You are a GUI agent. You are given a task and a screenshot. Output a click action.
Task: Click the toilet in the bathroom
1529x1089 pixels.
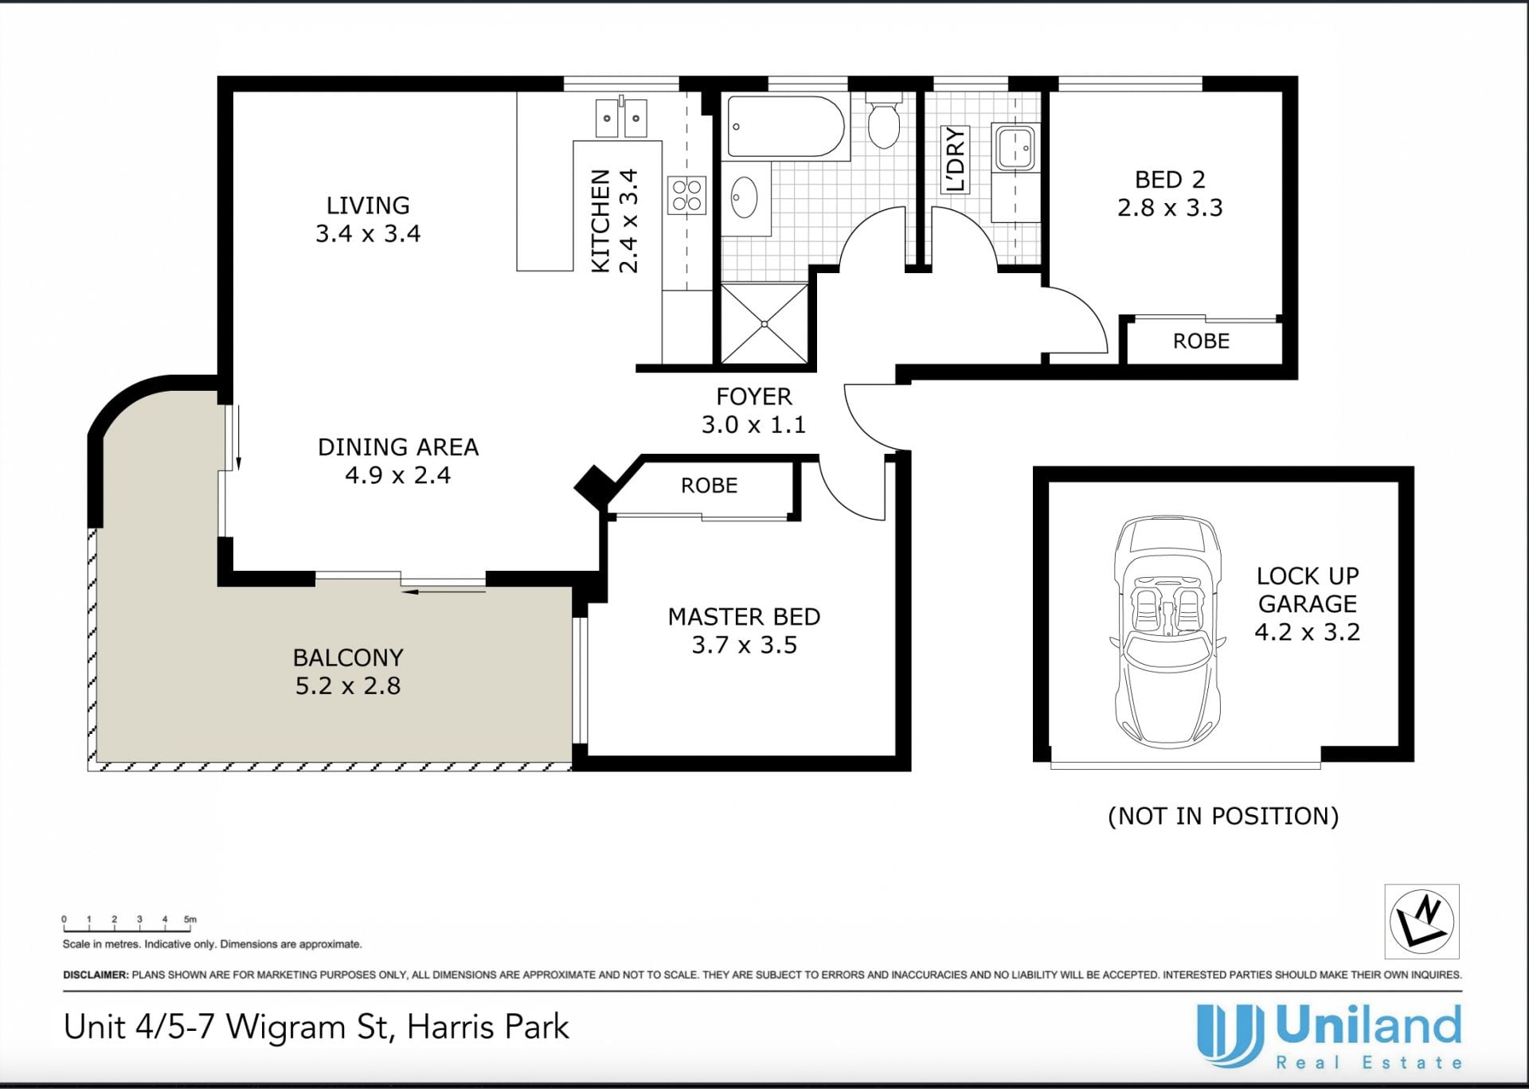[883, 120]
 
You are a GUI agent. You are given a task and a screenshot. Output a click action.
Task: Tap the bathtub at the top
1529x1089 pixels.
[786, 127]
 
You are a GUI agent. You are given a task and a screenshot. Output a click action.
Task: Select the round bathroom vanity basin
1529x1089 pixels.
[745, 197]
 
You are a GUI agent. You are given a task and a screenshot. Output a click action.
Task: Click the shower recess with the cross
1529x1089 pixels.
[764, 324]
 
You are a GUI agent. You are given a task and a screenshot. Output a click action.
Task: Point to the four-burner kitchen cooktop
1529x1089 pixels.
[687, 195]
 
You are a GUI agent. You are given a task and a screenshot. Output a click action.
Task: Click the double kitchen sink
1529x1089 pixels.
[621, 119]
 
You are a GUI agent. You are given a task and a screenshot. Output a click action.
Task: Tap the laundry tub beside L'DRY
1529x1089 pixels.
[1015, 147]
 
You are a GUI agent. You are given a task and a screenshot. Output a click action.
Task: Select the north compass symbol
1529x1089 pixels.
[1421, 921]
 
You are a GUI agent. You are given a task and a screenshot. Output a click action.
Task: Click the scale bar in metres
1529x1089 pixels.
[130, 925]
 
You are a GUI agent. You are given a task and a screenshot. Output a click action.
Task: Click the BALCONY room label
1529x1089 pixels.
[348, 658]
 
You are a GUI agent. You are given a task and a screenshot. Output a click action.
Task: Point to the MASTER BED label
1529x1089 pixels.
[744, 617]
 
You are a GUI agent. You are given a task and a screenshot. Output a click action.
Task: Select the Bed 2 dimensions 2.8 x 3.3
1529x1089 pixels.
[1170, 208]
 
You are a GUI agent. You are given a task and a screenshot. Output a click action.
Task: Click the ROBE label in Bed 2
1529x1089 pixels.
[1201, 342]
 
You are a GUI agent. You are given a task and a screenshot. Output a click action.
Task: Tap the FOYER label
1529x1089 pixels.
[753, 396]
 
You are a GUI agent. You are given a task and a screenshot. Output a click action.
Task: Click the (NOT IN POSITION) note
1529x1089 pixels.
[1223, 816]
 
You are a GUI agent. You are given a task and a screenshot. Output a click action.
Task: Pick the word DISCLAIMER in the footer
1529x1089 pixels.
[95, 974]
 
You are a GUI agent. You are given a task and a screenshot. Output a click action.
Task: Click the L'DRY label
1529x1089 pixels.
[954, 159]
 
